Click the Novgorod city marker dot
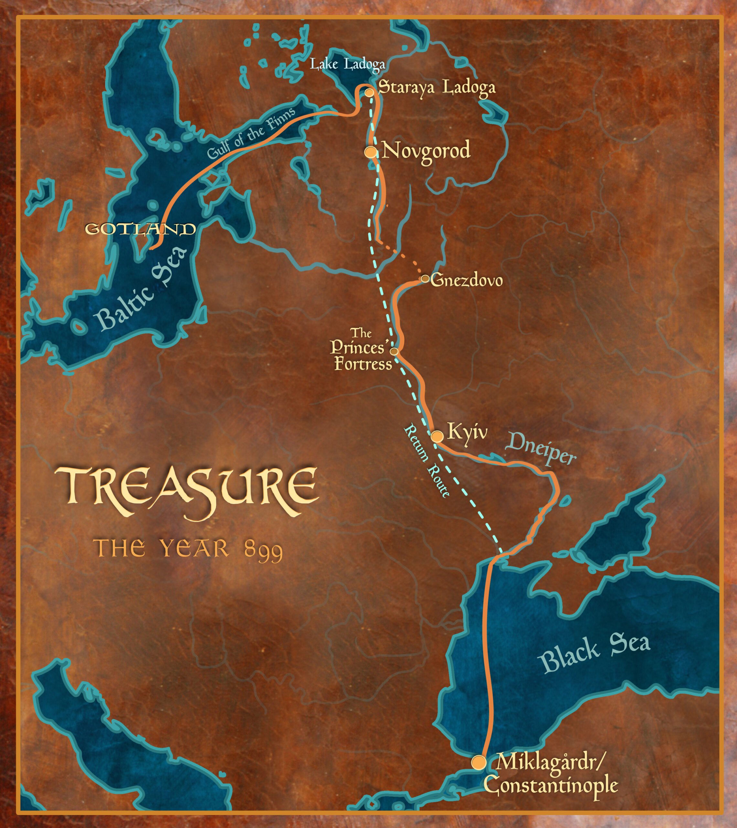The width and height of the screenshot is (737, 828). click(370, 152)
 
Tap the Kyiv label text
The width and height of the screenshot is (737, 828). click(467, 432)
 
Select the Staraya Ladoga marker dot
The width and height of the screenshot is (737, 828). click(369, 93)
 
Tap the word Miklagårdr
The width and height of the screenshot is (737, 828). click(550, 762)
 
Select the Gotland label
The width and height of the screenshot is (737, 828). click(140, 229)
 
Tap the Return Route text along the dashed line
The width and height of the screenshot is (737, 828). click(426, 460)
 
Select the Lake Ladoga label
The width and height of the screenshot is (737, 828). click(347, 64)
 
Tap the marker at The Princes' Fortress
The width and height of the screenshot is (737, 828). click(394, 351)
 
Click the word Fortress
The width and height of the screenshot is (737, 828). click(363, 364)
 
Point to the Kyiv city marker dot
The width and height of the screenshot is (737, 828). click(436, 436)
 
